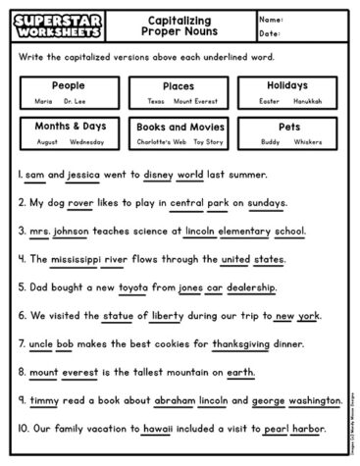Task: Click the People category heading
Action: (x=68, y=85)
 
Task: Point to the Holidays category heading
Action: (x=286, y=85)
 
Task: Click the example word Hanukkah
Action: (x=309, y=100)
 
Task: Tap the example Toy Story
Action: (x=207, y=141)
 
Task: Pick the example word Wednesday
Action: (x=87, y=141)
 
